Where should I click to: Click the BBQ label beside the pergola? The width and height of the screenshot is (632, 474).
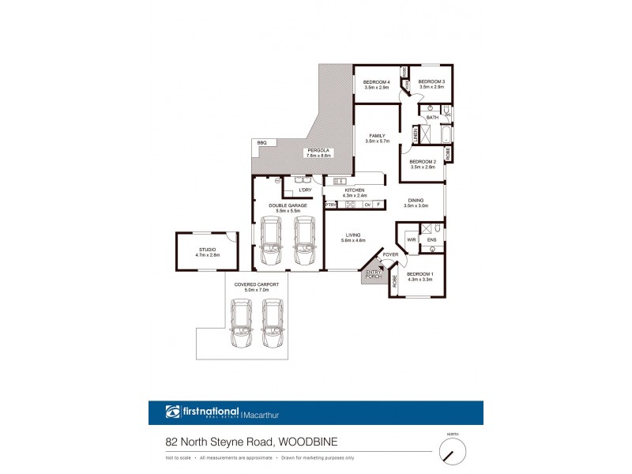tap(261, 142)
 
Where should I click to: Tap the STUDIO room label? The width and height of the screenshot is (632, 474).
tap(207, 250)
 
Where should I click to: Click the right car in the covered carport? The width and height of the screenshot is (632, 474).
tap(272, 324)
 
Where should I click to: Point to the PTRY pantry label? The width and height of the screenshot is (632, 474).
tap(331, 205)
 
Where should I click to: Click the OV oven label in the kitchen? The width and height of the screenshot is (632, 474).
tap(367, 205)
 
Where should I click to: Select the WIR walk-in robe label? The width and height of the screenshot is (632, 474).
tap(412, 239)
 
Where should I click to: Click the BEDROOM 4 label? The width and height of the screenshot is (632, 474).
tap(376, 83)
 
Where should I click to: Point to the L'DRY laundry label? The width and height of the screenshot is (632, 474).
tap(305, 190)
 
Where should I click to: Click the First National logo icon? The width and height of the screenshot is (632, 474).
tap(173, 412)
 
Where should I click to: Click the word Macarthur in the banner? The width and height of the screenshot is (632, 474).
tap(265, 412)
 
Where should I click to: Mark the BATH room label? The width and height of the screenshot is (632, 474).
tap(432, 118)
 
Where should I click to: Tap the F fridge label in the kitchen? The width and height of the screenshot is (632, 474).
tap(379, 205)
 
